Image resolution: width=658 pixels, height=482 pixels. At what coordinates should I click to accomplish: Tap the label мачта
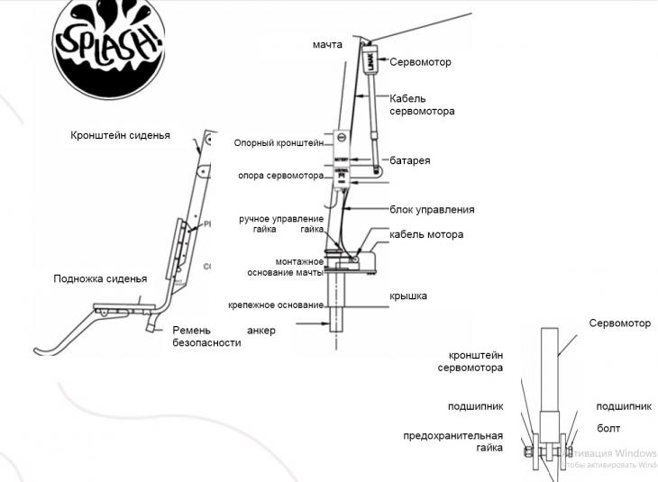[327, 45]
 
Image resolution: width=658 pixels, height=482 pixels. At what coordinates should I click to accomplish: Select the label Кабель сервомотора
[421, 105]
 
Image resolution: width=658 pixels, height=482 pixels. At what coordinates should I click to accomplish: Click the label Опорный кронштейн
[279, 142]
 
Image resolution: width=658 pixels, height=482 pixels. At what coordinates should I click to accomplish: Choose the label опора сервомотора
[279, 176]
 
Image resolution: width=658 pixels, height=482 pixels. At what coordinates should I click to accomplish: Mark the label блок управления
[432, 210]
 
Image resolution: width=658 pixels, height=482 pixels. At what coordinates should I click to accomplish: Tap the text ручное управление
[281, 219]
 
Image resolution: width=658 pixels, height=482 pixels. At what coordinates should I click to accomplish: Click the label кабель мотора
[426, 234]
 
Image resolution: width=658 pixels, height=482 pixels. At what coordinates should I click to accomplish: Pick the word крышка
[408, 296]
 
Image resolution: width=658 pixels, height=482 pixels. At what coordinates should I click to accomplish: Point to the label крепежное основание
[276, 305]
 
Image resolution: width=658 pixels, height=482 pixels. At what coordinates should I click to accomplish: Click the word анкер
[260, 331]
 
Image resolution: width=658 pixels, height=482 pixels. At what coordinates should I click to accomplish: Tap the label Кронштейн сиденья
[120, 136]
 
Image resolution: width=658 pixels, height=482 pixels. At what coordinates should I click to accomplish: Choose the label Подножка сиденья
[100, 278]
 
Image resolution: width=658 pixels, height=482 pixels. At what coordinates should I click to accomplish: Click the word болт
[608, 428]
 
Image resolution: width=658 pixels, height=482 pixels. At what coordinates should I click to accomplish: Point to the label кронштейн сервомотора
[471, 361]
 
